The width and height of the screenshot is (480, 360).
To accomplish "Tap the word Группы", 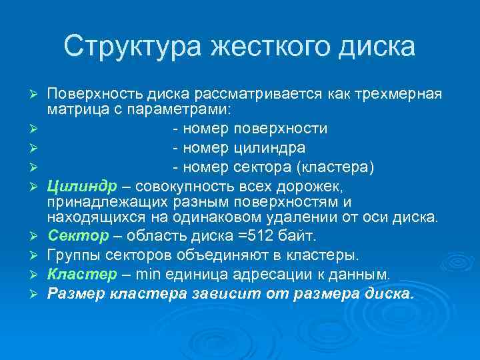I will click(71, 255).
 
